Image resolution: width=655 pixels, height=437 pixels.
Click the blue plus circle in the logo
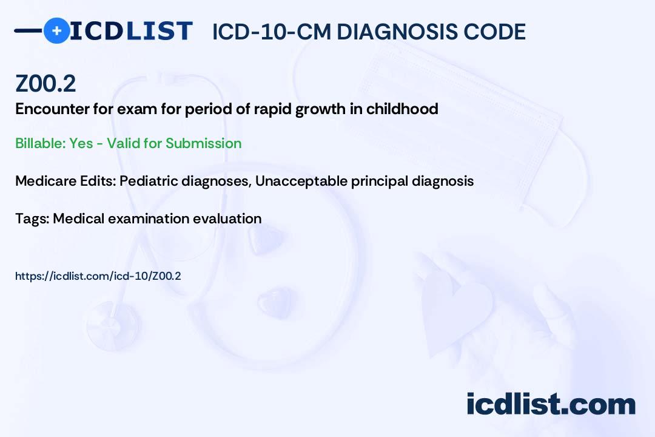coord(57,30)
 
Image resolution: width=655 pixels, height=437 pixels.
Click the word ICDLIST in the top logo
coord(131,31)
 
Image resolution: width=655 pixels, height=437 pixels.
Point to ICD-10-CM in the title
coord(272,32)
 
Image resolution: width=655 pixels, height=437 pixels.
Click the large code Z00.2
coord(45,83)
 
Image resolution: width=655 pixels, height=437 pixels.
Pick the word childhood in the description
coord(402,109)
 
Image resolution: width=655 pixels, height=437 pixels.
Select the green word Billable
coord(40,143)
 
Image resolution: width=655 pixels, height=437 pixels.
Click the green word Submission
coord(203,143)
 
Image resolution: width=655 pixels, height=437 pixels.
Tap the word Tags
coord(32,218)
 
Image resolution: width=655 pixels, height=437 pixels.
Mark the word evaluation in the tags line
coord(227,218)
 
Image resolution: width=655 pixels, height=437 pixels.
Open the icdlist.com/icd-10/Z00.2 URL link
coord(98,276)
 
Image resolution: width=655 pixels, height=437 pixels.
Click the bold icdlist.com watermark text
coord(551,404)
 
